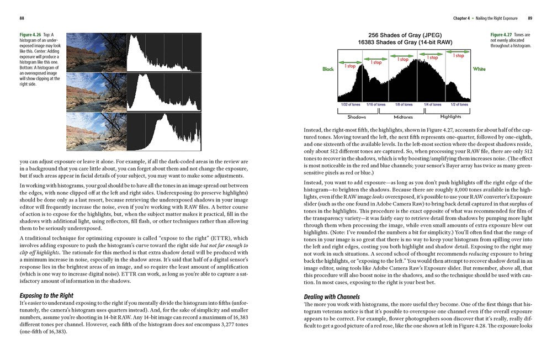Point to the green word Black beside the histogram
pyautogui.click(x=328, y=70)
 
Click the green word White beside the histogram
pyautogui.click(x=479, y=70)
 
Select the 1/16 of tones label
pyautogui.click(x=376, y=104)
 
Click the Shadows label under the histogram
pyautogui.click(x=357, y=117)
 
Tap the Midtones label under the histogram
pyautogui.click(x=404, y=117)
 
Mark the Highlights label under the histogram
pyautogui.click(x=451, y=117)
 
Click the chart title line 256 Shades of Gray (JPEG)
pyautogui.click(x=404, y=34)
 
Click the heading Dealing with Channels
pyautogui.click(x=332, y=297)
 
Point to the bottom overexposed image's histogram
pyautogui.click(x=164, y=131)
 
